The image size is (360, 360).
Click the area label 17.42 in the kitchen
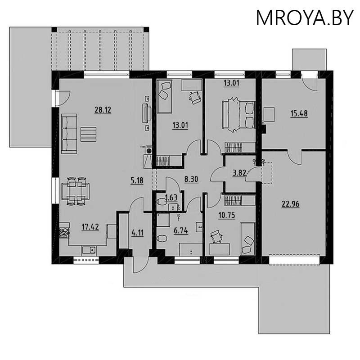90,227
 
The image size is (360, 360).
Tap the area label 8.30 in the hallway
192,178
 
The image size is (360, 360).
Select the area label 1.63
171,197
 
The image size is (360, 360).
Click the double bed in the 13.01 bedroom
238,114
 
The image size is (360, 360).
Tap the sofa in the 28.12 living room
69,133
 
